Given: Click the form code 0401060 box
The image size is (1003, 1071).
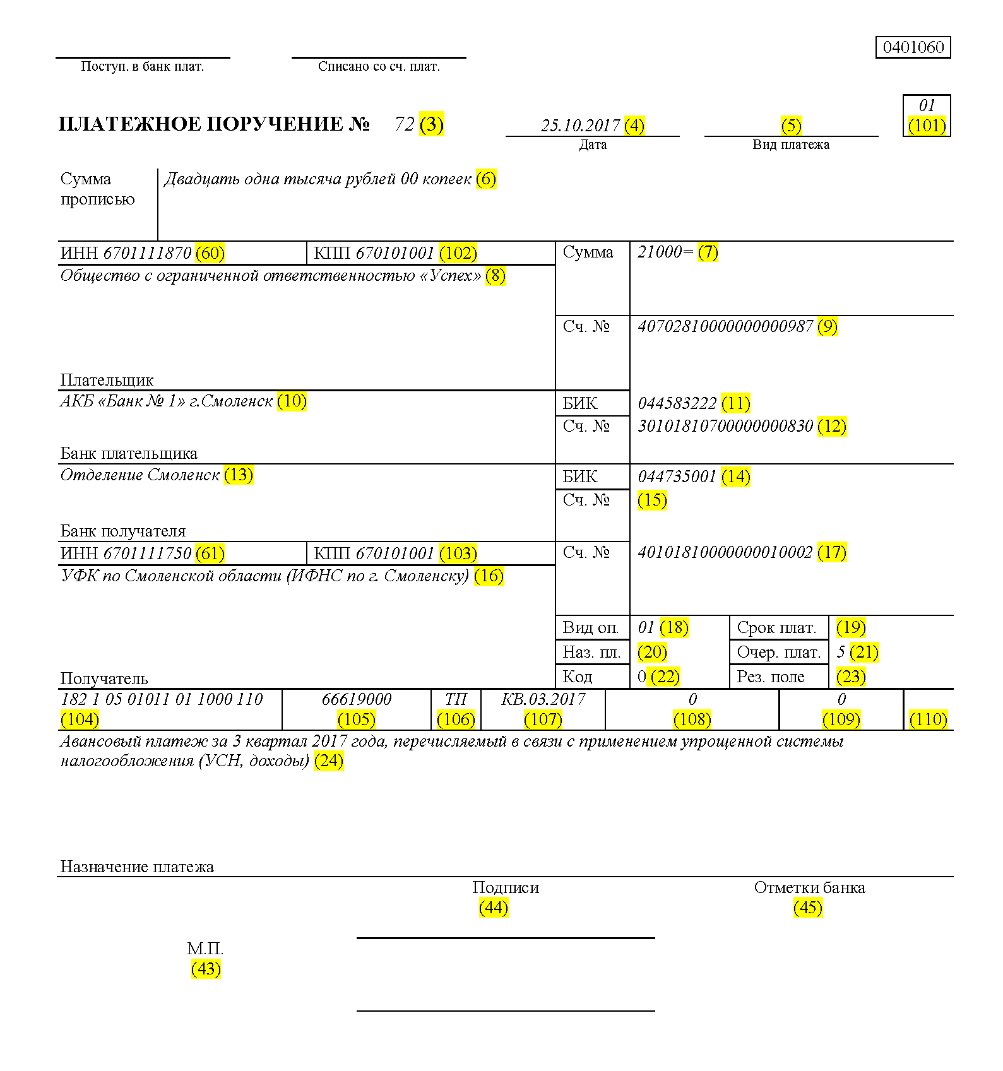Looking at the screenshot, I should pos(913,47).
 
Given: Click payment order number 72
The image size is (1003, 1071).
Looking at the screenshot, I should pos(404,124).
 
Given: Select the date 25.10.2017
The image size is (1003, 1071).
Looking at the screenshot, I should pos(580,126).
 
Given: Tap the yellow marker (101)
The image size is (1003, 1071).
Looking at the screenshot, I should pos(927,126).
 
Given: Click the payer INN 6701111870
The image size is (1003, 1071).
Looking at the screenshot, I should pos(147,253).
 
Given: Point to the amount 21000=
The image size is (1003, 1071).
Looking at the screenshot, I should pos(665,252).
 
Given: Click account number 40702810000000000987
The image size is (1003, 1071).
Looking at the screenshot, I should pos(725,326).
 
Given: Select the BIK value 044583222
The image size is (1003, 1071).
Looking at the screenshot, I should pos(677,403).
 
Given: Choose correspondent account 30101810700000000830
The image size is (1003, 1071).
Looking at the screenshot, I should pos(725,426).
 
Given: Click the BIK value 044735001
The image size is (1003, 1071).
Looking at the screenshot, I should pos(677,476).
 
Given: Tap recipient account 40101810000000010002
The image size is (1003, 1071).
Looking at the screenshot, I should pos(725,552).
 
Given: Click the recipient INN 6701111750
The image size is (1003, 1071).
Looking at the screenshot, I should pos(147,553).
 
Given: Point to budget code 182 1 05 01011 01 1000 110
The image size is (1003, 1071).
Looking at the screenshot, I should pos(162,699).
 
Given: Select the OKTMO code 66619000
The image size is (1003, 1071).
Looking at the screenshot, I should pos(357,699).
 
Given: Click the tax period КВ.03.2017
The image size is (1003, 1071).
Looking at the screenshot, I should pos(543,699).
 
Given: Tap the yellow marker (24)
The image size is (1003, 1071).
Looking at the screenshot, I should pos(329,760).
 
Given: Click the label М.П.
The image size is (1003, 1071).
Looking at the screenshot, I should pos(205,949).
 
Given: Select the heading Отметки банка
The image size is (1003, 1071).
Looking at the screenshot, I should pos(809,888).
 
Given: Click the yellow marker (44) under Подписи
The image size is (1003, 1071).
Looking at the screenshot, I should pos(494,908).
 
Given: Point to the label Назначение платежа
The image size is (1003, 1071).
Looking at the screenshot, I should pos(137,867).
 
